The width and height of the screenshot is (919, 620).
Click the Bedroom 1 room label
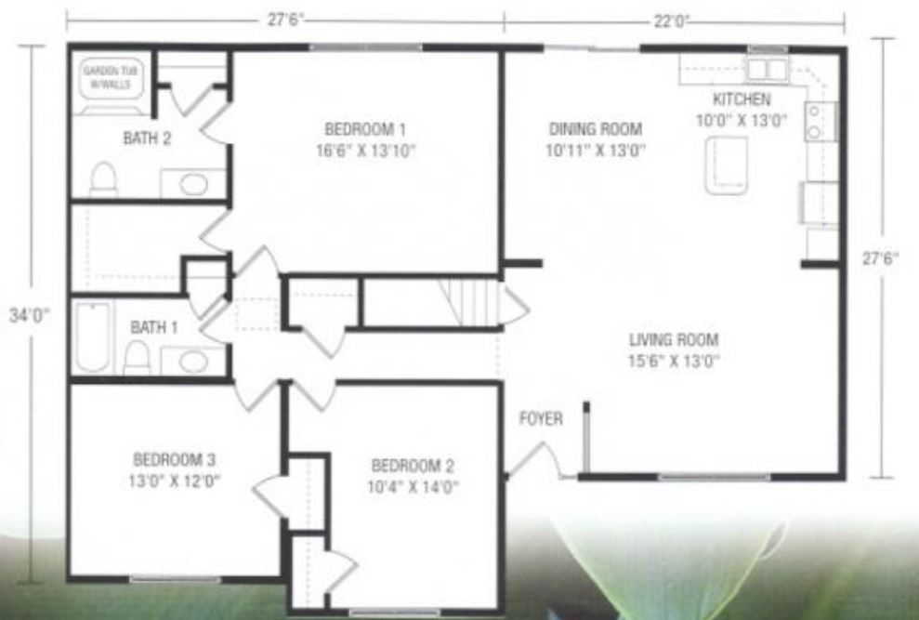click(364, 128)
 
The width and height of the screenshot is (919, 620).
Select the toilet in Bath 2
click(103, 179)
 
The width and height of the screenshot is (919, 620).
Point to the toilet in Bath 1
click(137, 355)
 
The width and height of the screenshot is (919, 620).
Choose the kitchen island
click(726, 165)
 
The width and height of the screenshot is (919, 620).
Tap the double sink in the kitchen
click(768, 68)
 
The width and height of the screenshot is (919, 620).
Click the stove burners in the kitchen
click(816, 121)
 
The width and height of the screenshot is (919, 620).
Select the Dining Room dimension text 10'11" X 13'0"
click(597, 149)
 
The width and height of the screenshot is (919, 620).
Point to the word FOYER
click(540, 419)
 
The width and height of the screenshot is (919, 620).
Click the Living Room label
click(674, 339)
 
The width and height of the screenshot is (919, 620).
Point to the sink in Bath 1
click(193, 361)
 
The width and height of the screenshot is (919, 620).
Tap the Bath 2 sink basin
click(193, 184)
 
